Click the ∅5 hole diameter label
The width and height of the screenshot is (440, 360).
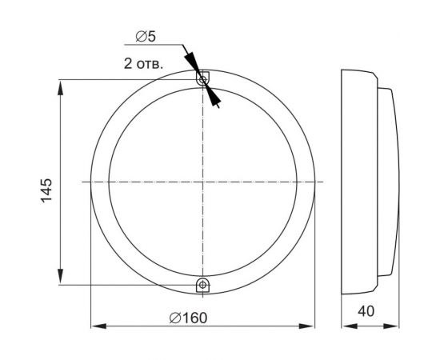tap(146, 37)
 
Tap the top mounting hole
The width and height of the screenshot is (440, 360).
tap(203, 79)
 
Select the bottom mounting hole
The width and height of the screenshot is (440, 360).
tap(203, 284)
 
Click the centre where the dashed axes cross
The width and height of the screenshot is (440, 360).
tap(203, 182)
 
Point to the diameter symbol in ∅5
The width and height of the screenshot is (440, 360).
tap(141, 37)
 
